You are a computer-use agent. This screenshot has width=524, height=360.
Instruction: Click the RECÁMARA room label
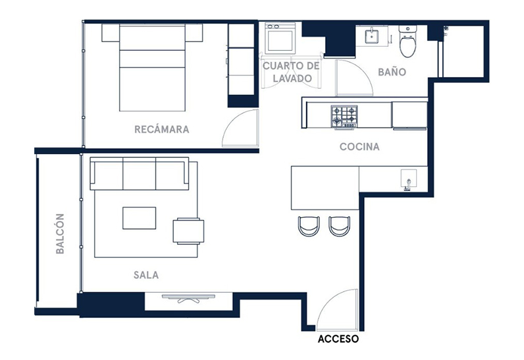coord(162,129)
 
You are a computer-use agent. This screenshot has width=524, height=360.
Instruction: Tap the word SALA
coord(146,275)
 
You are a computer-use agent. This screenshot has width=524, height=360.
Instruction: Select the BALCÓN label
coord(60,234)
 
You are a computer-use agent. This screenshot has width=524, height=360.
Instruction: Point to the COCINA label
coord(359,147)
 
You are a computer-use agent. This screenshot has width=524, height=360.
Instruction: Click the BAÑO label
coord(392,72)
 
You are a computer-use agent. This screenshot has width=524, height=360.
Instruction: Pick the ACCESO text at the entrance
coord(338,339)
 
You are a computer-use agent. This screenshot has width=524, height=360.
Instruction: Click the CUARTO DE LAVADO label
coord(292,72)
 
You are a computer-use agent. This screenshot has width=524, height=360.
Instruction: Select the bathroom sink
coord(371,36)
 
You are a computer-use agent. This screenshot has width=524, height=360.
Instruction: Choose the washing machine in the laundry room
coord(280,38)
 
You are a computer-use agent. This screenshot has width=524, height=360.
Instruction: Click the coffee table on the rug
coord(139,218)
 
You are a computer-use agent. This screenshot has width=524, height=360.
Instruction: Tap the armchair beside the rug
coord(188,231)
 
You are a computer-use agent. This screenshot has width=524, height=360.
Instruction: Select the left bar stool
coord(309,226)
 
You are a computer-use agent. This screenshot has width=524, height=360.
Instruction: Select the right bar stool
coord(340,226)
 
